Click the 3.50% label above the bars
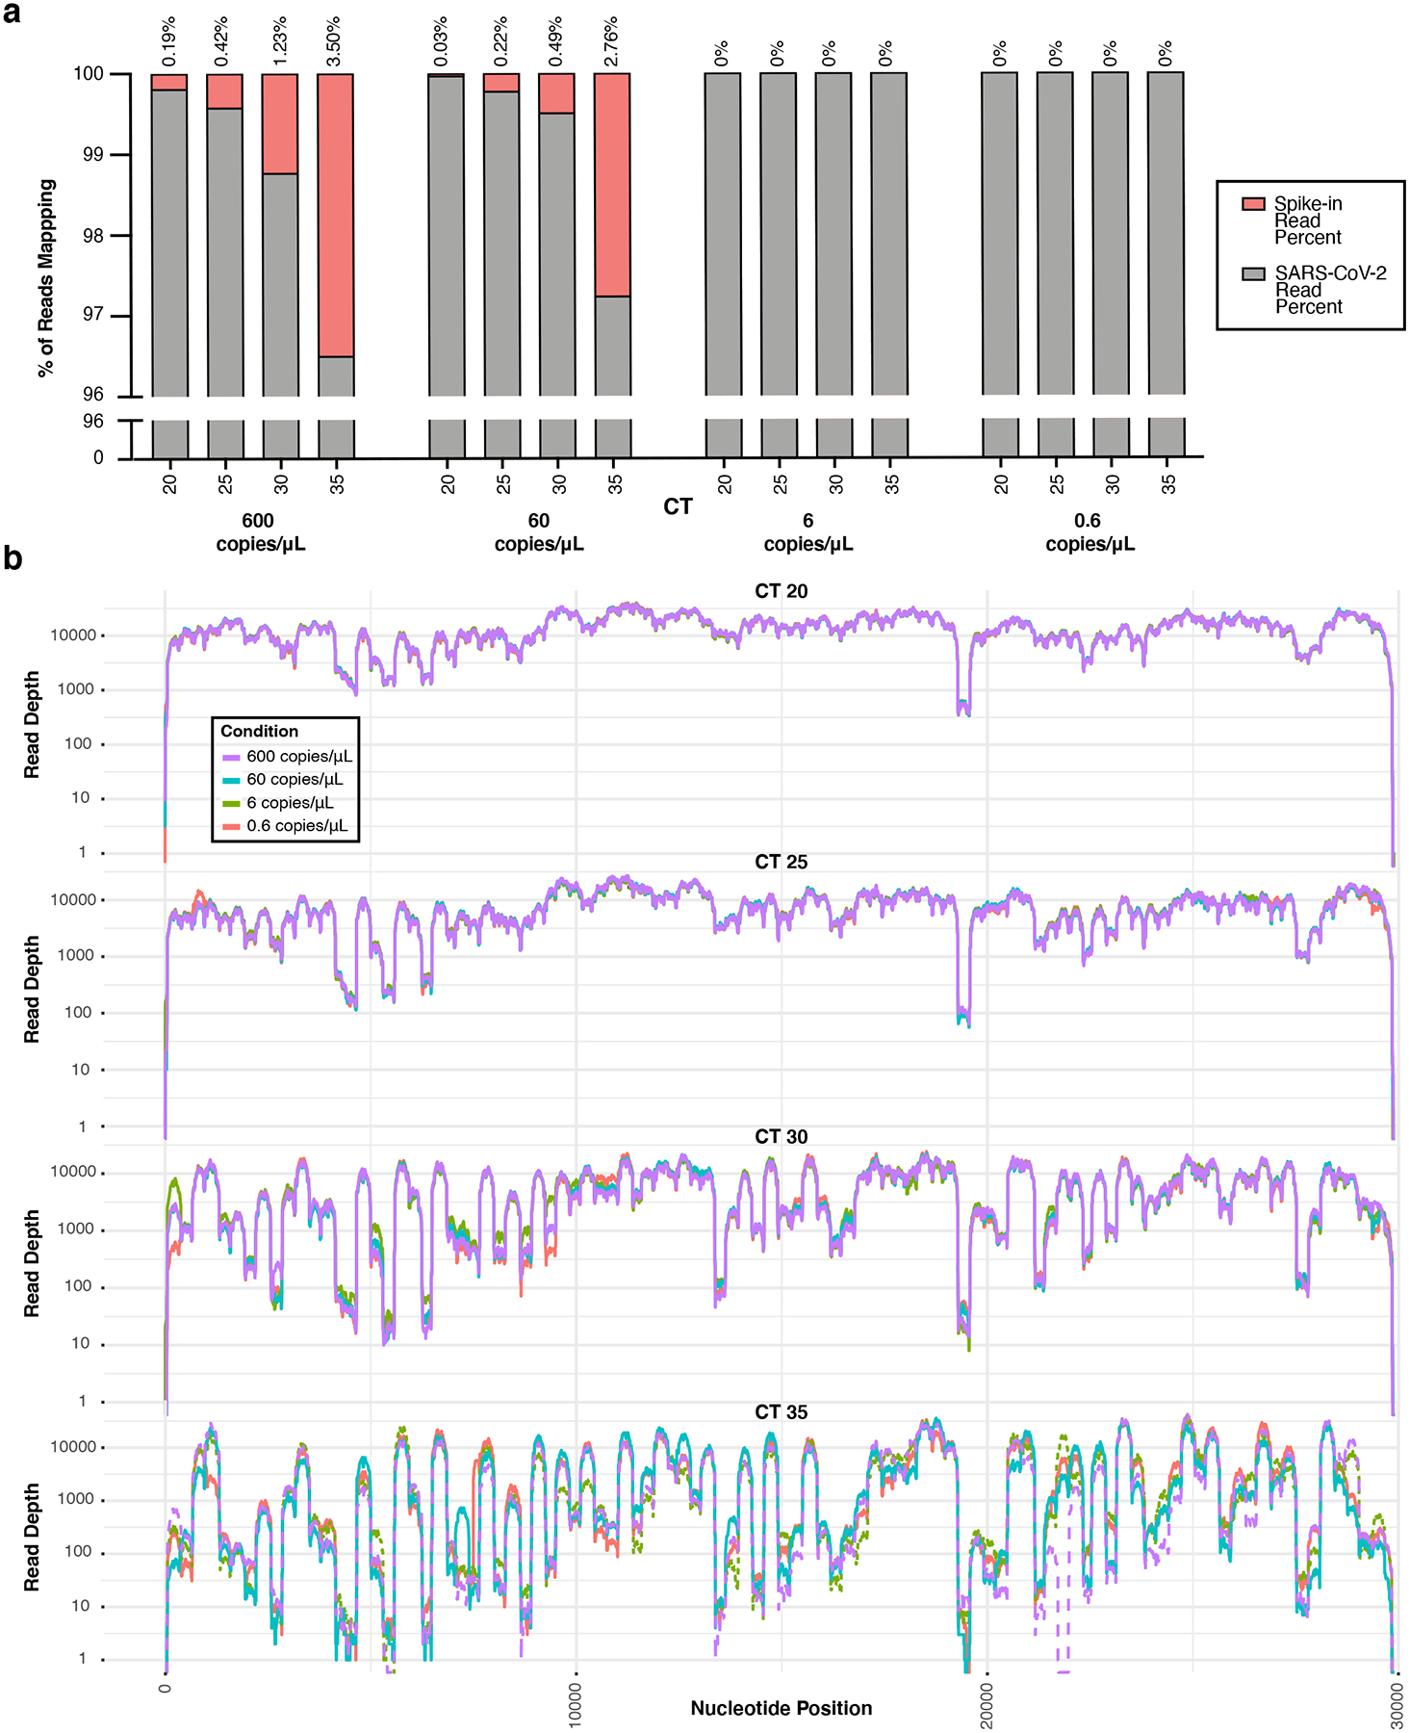coord(334,42)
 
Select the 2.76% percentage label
coord(611,42)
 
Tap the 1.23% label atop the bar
coord(279,42)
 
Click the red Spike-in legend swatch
coord(1252,204)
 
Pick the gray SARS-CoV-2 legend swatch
coord(1252,274)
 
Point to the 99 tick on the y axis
coord(92,155)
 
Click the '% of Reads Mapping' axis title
coord(46,278)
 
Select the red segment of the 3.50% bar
coord(335,215)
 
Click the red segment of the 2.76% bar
coord(612,185)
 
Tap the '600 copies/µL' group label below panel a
coord(259,532)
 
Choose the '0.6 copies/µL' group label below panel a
coord(1089,532)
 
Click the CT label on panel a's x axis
coord(678,507)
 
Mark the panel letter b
coord(13,558)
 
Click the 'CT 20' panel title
coord(781,591)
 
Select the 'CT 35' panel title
coord(781,1412)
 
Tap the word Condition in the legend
coord(259,731)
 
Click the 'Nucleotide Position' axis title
coord(781,1708)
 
